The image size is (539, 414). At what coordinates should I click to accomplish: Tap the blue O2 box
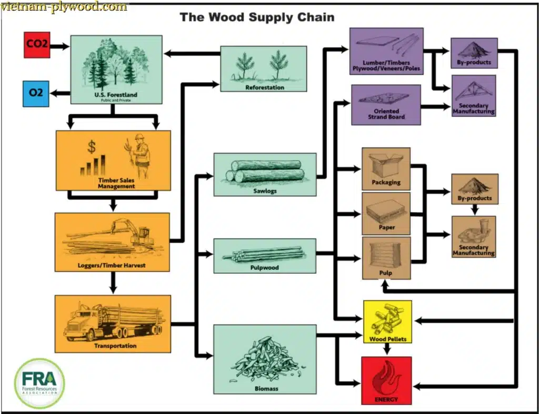pyautogui.click(x=36, y=93)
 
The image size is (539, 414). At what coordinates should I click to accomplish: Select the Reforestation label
pyautogui.click(x=264, y=87)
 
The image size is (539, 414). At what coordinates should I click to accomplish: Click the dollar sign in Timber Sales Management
pyautogui.click(x=92, y=145)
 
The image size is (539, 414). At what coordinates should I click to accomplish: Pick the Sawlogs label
pyautogui.click(x=265, y=191)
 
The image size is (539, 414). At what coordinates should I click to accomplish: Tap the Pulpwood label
pyautogui.click(x=265, y=268)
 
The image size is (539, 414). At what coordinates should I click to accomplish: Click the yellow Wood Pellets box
pyautogui.click(x=387, y=321)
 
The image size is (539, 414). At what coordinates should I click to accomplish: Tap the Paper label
pyautogui.click(x=386, y=228)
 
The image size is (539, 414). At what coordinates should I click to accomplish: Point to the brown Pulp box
pyautogui.click(x=386, y=258)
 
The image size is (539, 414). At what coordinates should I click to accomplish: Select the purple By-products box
pyautogui.click(x=474, y=53)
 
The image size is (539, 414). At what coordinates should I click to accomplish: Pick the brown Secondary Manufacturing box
pyautogui.click(x=474, y=236)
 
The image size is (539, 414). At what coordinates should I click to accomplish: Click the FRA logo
pyautogui.click(x=39, y=383)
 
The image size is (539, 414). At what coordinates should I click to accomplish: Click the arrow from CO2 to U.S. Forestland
pyautogui.click(x=59, y=46)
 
